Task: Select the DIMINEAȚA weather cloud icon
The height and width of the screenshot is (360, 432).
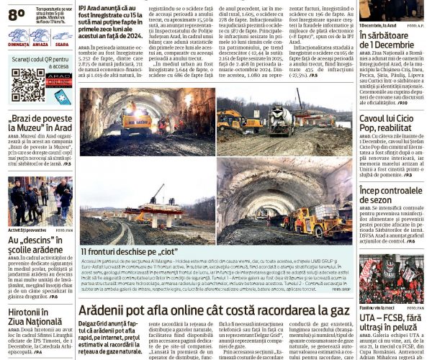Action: point(19,35)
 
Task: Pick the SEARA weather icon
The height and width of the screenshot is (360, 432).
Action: point(62,35)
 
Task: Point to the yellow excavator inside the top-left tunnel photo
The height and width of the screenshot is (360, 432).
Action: point(137,119)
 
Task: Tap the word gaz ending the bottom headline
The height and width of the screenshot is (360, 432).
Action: point(339,309)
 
